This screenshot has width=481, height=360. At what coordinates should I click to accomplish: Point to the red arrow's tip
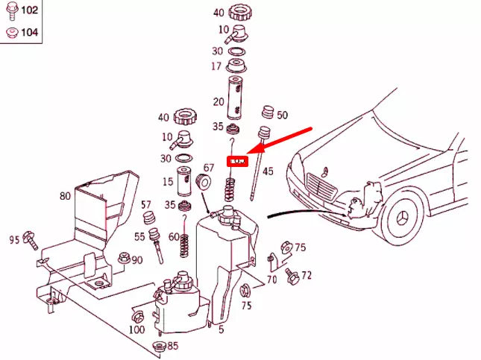[248, 154]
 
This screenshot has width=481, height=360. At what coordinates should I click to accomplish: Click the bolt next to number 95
[30, 238]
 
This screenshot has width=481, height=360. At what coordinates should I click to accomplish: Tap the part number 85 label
[172, 346]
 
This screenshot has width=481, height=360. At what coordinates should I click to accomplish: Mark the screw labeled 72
[293, 278]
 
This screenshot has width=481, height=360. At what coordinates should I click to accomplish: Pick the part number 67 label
[209, 168]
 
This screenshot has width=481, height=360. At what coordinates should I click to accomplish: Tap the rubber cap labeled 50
[266, 114]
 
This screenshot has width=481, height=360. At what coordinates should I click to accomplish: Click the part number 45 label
[268, 171]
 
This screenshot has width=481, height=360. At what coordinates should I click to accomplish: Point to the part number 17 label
[216, 66]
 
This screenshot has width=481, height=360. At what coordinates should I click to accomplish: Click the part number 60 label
[173, 237]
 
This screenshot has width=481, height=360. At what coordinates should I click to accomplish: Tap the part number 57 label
[146, 204]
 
